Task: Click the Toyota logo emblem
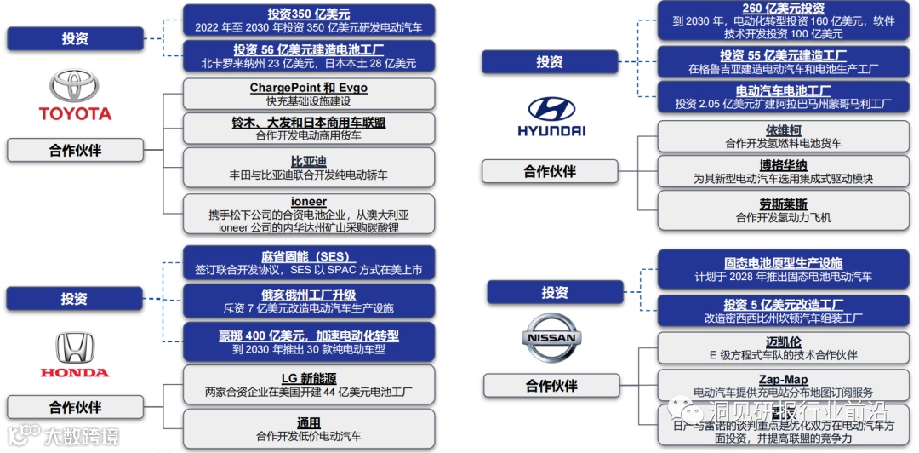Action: coord(74,87)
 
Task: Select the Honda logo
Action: coord(75,349)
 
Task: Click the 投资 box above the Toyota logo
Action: coord(75,38)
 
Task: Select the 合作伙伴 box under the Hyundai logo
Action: coord(550,171)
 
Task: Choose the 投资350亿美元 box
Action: coord(308,20)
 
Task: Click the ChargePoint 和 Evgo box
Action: coord(308,94)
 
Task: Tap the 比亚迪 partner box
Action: coord(308,168)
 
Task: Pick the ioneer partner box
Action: coord(308,215)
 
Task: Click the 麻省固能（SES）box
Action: coord(308,263)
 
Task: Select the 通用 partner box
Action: coord(308,429)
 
